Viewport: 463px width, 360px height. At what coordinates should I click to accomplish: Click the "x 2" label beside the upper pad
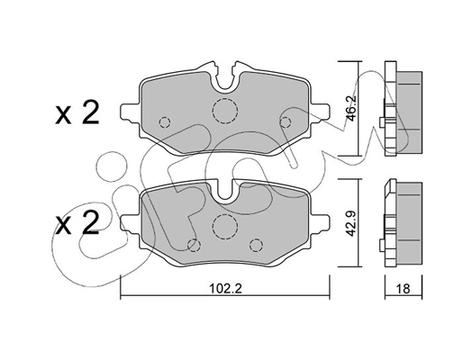pyautogui.click(x=77, y=113)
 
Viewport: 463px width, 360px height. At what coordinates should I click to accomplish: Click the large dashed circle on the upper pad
pyautogui.click(x=223, y=110)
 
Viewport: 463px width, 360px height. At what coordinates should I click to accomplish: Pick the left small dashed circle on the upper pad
pyautogui.click(x=164, y=123)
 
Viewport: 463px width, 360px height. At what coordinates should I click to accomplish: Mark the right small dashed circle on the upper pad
pyautogui.click(x=286, y=122)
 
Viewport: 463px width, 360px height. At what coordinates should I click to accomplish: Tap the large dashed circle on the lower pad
pyautogui.click(x=224, y=226)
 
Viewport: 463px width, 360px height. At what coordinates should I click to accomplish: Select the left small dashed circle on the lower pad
pyautogui.click(x=192, y=244)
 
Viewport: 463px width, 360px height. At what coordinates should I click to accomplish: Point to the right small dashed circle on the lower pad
pyautogui.click(x=256, y=243)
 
